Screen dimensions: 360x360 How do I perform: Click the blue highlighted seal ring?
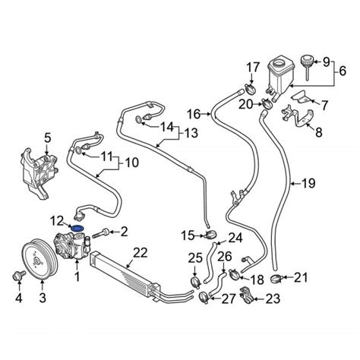pos(77,228)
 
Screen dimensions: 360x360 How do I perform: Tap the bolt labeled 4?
pos(18,276)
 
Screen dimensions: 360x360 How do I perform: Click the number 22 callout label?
pos(141,252)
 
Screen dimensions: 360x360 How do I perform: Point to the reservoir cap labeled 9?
pos(307,66)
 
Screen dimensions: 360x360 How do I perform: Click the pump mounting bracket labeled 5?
pos(39,172)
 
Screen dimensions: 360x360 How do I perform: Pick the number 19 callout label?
pos(308,183)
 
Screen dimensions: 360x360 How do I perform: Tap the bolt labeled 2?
pos(101,233)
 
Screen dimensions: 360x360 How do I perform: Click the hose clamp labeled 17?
pos(250,87)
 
